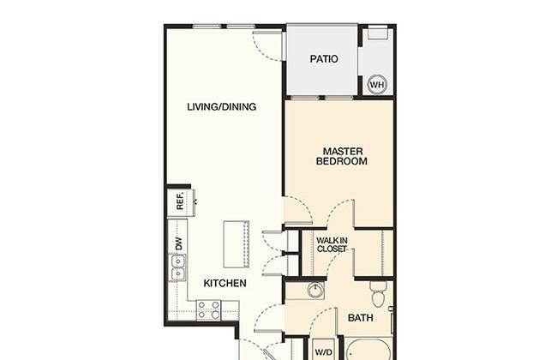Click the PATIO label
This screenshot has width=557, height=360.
pyautogui.click(x=324, y=58)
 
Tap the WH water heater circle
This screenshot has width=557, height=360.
pyautogui.click(x=376, y=85)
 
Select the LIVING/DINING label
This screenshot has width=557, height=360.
pyautogui.click(x=222, y=106)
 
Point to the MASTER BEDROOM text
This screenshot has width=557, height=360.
pyautogui.click(x=342, y=156)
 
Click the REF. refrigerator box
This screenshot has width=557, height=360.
pyautogui.click(x=180, y=201)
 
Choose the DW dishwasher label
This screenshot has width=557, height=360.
pyautogui.click(x=179, y=243)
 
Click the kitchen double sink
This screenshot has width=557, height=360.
pyautogui.click(x=177, y=268)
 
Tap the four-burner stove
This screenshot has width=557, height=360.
pyautogui.click(x=208, y=310)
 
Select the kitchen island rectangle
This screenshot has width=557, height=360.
pyautogui.click(x=236, y=244)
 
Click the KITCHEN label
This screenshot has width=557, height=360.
pyautogui.click(x=225, y=283)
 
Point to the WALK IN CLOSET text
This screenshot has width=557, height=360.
pyautogui.click(x=332, y=245)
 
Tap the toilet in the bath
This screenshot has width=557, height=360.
pyautogui.click(x=376, y=293)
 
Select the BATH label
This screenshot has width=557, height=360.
pyautogui.click(x=360, y=318)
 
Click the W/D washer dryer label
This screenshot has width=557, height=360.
pyautogui.click(x=324, y=352)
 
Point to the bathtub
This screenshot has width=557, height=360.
pyautogui.click(x=368, y=351)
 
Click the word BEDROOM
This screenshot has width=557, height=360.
pyautogui.click(x=342, y=161)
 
